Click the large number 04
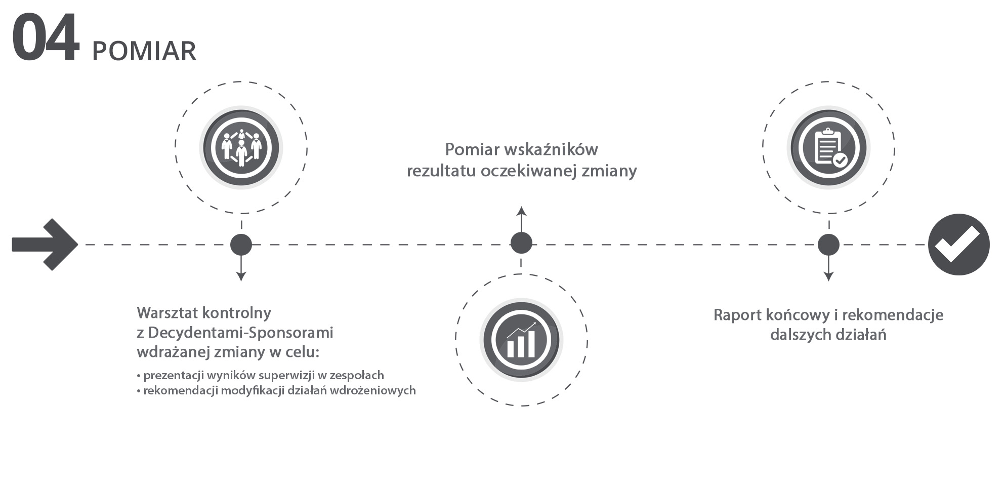[x=46, y=39]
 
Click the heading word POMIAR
[x=144, y=51]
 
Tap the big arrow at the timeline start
[x=45, y=245]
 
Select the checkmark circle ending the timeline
[x=958, y=245]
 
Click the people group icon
[x=241, y=147]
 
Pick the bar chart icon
[x=521, y=340]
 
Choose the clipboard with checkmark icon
[x=828, y=147]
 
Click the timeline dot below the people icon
[x=241, y=245]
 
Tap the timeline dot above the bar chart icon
[x=521, y=243]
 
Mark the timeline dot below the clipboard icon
[x=828, y=245]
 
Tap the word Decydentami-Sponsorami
[x=241, y=333]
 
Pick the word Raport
[x=737, y=315]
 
